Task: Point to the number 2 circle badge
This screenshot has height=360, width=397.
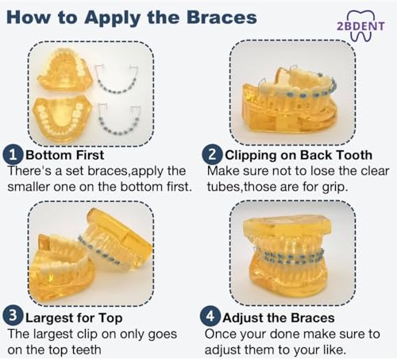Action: pyautogui.click(x=212, y=155)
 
